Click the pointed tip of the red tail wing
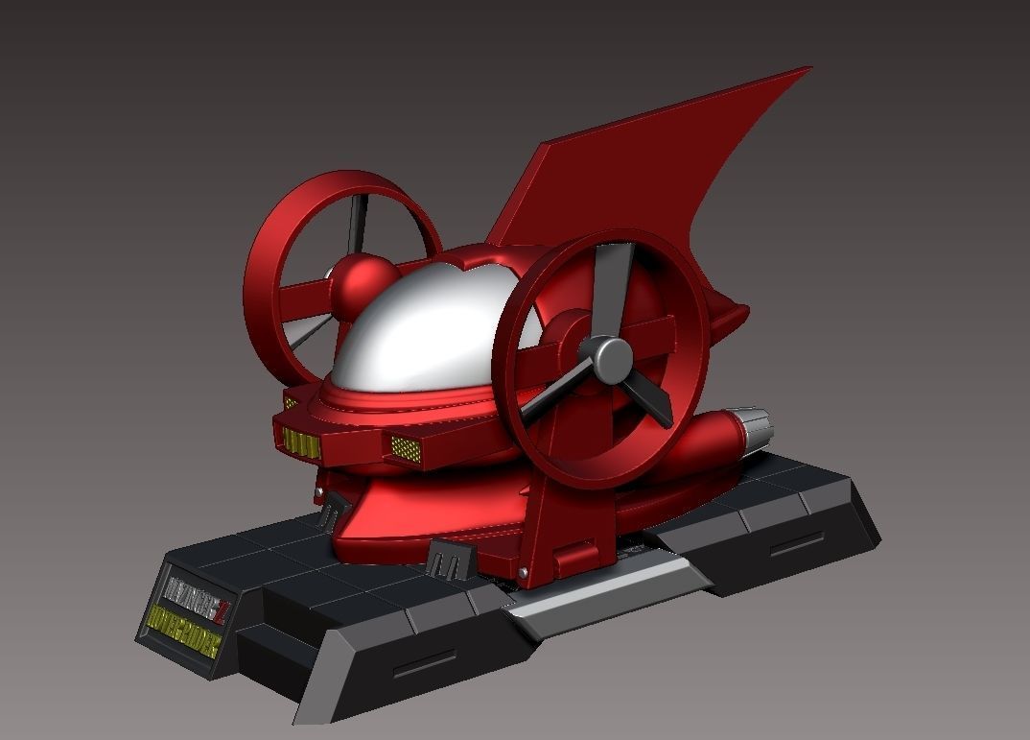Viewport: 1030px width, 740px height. (808, 69)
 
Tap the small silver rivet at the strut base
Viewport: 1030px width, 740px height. (523, 573)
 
